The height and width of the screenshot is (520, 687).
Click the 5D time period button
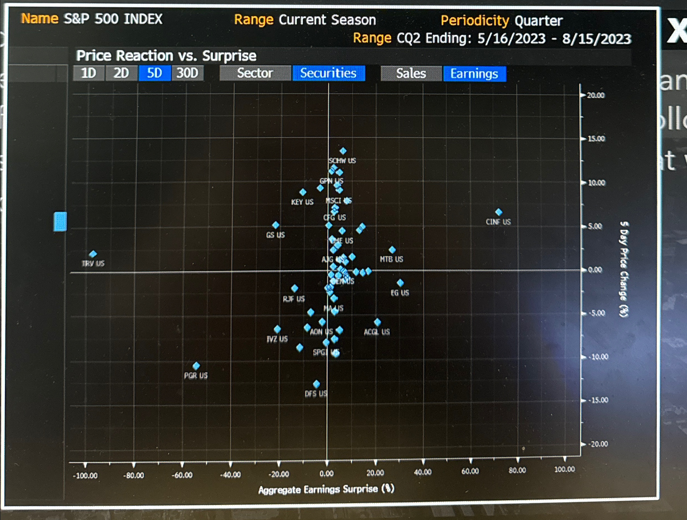coord(154,73)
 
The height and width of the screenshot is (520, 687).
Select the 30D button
coord(187,73)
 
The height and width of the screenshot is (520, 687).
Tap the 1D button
coord(89,73)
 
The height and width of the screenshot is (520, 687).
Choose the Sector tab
coord(255,73)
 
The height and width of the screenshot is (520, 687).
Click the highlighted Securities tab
coord(328,73)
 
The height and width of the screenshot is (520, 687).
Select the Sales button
coord(411,74)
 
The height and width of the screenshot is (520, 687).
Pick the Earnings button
coord(474,74)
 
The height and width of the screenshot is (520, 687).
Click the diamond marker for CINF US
coord(499,212)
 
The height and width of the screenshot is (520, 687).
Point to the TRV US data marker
coord(93,254)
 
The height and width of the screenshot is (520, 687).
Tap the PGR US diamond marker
coord(196,366)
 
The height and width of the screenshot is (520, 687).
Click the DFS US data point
coord(316,384)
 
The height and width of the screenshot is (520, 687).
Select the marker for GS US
coord(275,225)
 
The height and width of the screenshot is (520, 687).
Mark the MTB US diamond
coord(392,250)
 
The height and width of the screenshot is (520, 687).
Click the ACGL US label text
coord(377,332)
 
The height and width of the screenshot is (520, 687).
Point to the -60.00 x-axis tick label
coord(182,475)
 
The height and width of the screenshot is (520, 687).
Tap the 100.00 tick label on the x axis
coord(564,469)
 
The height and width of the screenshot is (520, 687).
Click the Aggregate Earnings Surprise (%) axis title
coord(326,489)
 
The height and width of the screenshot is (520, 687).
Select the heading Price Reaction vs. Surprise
coord(166,56)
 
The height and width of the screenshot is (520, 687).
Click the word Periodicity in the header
coord(475,21)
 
